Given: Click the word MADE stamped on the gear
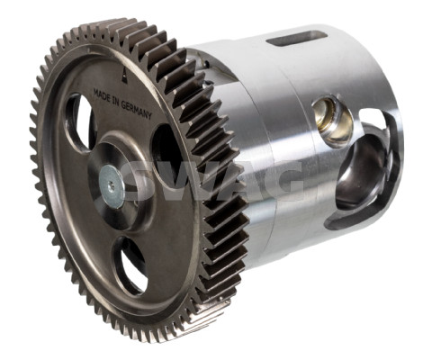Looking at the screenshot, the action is tap(102, 95).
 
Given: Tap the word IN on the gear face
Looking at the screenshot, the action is tap(117, 103).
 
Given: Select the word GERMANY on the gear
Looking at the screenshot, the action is tap(137, 110).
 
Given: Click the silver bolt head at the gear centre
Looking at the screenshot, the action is tap(112, 186).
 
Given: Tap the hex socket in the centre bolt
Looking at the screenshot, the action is tap(111, 186).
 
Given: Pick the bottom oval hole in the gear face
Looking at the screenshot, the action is tap(130, 265).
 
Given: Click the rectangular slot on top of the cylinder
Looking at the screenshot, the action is tap(296, 39).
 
